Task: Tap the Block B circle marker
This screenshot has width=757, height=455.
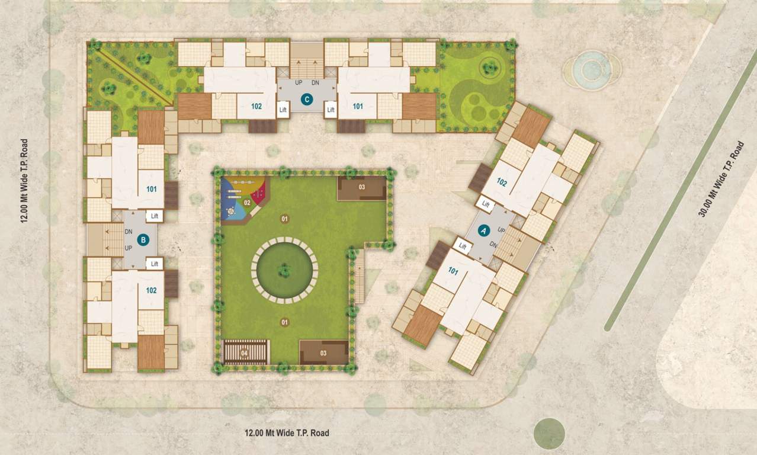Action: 142,240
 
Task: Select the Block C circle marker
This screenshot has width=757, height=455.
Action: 307,100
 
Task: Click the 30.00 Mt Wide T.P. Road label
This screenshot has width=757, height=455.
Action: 721,179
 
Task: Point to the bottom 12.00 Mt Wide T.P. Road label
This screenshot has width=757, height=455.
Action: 287,433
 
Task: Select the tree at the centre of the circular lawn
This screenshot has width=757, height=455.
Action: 284,271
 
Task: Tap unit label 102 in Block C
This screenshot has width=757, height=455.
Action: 256,107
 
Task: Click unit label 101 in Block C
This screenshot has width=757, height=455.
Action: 358,107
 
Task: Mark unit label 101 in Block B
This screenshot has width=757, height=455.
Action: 151,190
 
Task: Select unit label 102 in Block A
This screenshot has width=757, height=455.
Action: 502,182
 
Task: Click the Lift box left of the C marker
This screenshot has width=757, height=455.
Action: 283,110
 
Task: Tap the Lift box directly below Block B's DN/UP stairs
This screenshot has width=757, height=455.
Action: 155,264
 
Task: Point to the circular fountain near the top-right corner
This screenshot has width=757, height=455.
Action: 591,70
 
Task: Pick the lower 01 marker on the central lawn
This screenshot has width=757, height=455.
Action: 285,322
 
